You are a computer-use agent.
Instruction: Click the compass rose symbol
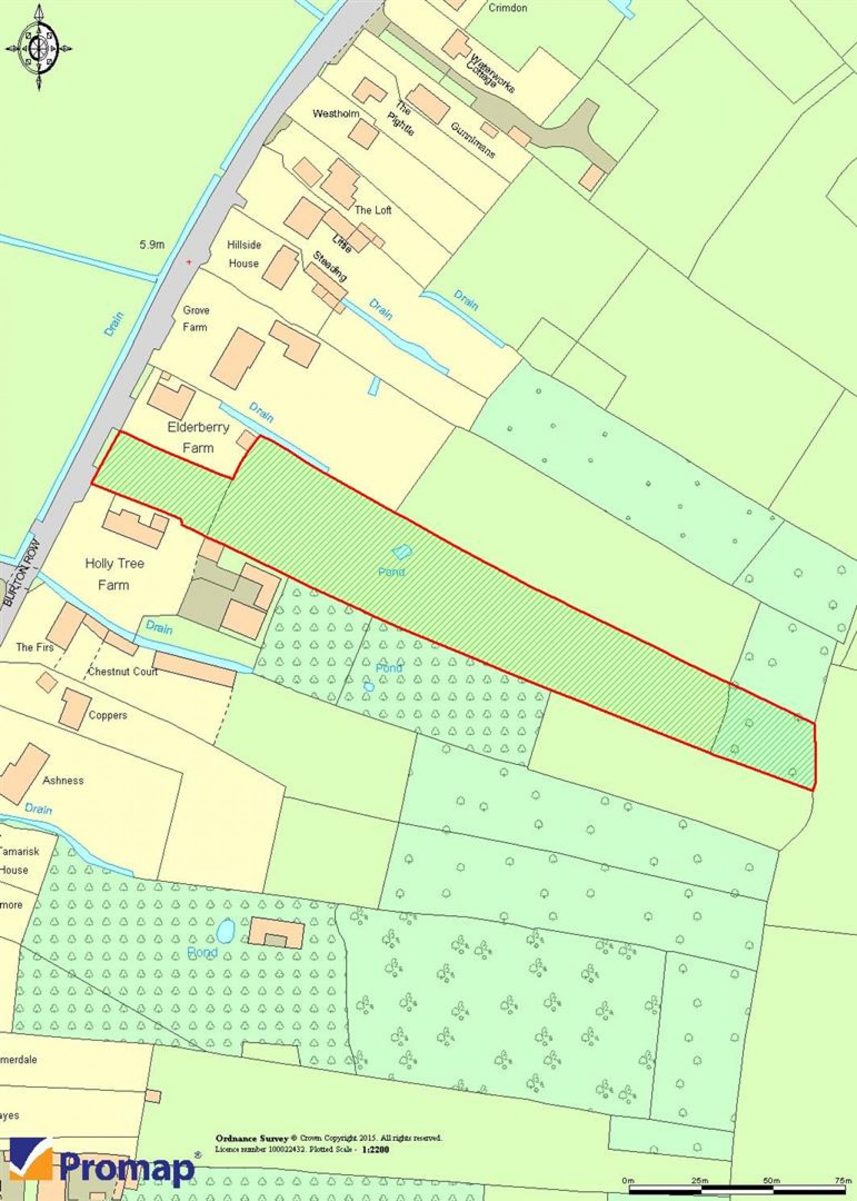pyautogui.click(x=39, y=49)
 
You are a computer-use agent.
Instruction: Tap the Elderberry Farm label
pyautogui.click(x=198, y=437)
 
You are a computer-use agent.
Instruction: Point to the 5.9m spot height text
pyautogui.click(x=152, y=245)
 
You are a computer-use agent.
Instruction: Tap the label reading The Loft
pyautogui.click(x=373, y=210)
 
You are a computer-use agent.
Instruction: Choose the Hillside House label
pyautogui.click(x=244, y=254)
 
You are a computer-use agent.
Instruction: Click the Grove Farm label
pyautogui.click(x=195, y=318)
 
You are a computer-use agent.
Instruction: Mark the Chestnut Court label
pyautogui.click(x=122, y=672)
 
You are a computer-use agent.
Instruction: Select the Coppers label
pyautogui.click(x=108, y=716)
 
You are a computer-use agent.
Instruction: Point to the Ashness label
pyautogui.click(x=63, y=780)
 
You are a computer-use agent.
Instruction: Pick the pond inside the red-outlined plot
pyautogui.click(x=401, y=552)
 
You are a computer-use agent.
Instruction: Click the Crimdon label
pyautogui.click(x=507, y=8)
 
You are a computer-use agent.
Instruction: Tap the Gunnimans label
pyautogui.click(x=473, y=140)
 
